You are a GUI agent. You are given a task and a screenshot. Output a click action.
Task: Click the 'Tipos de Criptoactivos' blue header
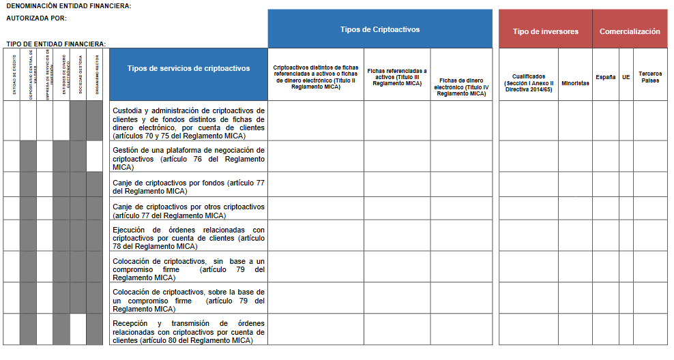[x=379, y=29]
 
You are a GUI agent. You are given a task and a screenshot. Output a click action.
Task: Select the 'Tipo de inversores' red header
[x=545, y=31]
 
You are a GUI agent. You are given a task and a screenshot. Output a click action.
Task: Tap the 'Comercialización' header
[x=629, y=31]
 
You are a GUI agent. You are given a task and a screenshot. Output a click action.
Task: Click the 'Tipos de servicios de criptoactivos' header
[x=188, y=68]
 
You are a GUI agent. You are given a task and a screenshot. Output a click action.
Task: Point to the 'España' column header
[x=605, y=77]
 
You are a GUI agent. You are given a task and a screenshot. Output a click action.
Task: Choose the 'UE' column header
[x=626, y=77]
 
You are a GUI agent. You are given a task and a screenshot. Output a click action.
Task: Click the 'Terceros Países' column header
[x=650, y=76]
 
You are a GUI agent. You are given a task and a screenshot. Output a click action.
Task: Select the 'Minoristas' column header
[x=575, y=83]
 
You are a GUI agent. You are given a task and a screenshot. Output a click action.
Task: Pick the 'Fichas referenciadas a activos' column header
[x=397, y=76]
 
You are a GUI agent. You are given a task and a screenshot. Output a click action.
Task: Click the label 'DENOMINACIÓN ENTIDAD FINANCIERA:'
[x=69, y=6]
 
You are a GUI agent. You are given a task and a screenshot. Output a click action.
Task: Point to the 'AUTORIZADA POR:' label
[x=36, y=18]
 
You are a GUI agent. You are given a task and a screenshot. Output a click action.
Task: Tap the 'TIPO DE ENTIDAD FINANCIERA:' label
[x=56, y=44]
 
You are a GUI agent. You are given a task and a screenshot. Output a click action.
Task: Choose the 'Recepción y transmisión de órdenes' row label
[x=188, y=331]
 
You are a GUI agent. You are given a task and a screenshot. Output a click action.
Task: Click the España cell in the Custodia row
[x=605, y=121]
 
